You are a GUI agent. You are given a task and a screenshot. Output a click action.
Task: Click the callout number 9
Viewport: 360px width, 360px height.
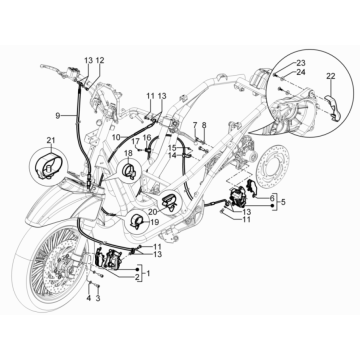point(59,115)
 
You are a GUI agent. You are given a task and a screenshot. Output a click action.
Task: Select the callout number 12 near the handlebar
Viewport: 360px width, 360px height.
point(99,61)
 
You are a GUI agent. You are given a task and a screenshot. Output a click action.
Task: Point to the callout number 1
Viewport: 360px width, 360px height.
point(149,272)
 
